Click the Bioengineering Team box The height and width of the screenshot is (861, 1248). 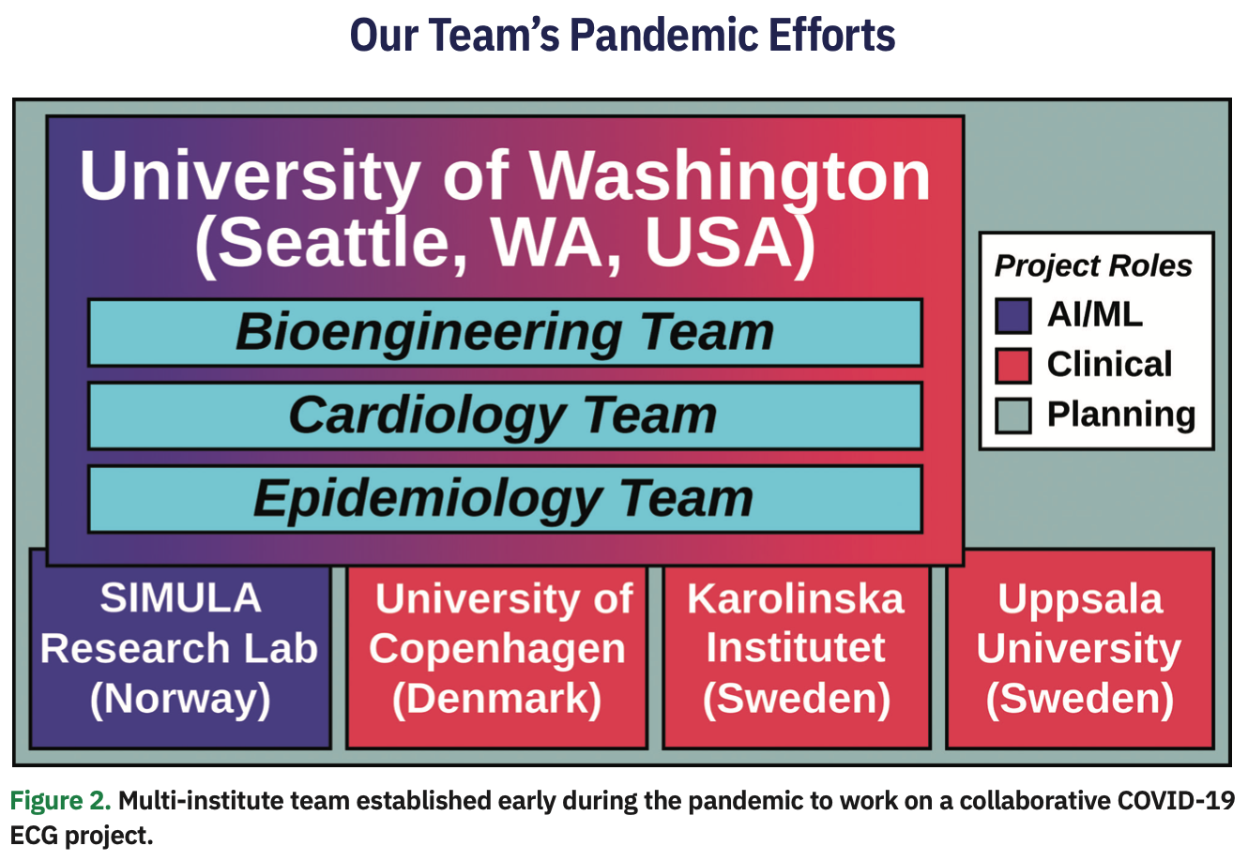[505, 332]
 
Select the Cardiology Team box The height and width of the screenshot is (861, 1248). [505, 415]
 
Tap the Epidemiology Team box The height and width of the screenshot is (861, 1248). [505, 499]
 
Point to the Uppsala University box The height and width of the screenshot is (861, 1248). [1080, 649]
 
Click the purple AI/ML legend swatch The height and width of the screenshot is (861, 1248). [1012, 316]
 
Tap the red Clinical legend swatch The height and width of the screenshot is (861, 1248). [1012, 366]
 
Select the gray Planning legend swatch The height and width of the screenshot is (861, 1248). [1012, 415]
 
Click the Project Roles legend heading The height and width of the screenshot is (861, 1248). [1093, 266]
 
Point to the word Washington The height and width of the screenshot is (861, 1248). [729, 176]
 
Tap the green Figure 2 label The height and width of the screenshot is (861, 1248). [60, 800]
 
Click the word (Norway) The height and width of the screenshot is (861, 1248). [180, 699]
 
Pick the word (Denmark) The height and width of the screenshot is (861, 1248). [497, 699]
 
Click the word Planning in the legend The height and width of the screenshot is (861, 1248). [1121, 415]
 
